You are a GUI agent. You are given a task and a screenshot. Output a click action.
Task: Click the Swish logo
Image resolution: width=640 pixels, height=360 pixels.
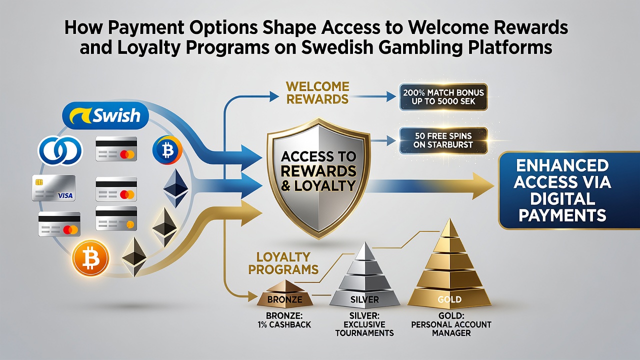tap(105, 115)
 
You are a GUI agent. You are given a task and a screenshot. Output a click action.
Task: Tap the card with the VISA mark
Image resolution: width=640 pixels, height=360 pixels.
tap(53, 188)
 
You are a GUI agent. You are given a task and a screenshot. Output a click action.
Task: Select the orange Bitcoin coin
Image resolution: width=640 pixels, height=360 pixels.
tap(90, 258)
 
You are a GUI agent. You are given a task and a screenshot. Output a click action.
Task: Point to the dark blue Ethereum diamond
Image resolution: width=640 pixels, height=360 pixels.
tap(175, 188)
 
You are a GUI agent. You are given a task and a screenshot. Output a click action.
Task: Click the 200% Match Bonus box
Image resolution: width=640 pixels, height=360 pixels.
tap(443, 97)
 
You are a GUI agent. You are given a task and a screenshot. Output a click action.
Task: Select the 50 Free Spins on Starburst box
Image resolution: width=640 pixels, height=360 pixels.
tap(443, 140)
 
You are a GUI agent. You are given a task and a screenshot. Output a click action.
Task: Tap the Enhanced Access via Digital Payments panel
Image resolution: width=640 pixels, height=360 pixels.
tap(568, 190)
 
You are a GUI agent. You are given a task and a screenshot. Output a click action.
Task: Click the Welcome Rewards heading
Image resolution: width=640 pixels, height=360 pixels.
tap(317, 93)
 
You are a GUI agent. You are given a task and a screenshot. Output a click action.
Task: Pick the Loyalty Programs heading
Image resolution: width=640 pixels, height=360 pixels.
tap(283, 263)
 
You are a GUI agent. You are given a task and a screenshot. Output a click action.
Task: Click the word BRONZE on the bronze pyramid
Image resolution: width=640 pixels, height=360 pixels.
tap(285, 299)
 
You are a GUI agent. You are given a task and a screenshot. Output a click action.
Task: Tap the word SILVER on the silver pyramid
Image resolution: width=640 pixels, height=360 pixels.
tap(364, 299)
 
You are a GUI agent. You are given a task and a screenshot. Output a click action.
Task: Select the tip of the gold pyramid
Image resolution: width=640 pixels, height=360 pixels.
tap(450, 219)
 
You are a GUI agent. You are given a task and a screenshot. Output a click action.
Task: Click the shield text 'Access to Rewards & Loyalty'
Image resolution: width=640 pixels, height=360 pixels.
tap(318, 171)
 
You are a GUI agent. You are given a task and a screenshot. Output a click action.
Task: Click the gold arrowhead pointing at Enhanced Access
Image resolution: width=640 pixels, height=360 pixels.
tap(483, 185)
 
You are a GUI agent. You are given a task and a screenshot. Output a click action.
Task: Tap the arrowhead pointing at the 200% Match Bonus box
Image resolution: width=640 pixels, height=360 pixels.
tap(391, 96)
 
